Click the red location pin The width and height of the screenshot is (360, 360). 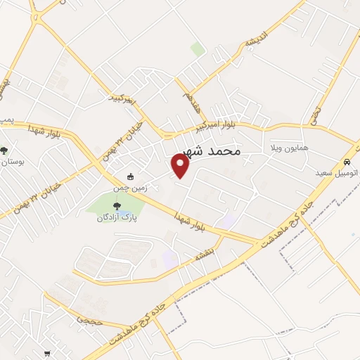[x=181, y=166]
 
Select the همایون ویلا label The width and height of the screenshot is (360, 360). [x=285, y=149]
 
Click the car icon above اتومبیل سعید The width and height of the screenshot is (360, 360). [x=347, y=160]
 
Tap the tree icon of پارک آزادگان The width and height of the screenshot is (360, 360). [x=117, y=206]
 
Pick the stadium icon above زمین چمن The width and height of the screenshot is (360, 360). [x=130, y=176]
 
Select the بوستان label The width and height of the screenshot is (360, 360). [x=13, y=161]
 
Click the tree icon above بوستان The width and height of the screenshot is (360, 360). [x=5, y=150]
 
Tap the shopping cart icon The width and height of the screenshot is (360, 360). [x=47, y=353]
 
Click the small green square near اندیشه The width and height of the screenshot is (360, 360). [x=198, y=49]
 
